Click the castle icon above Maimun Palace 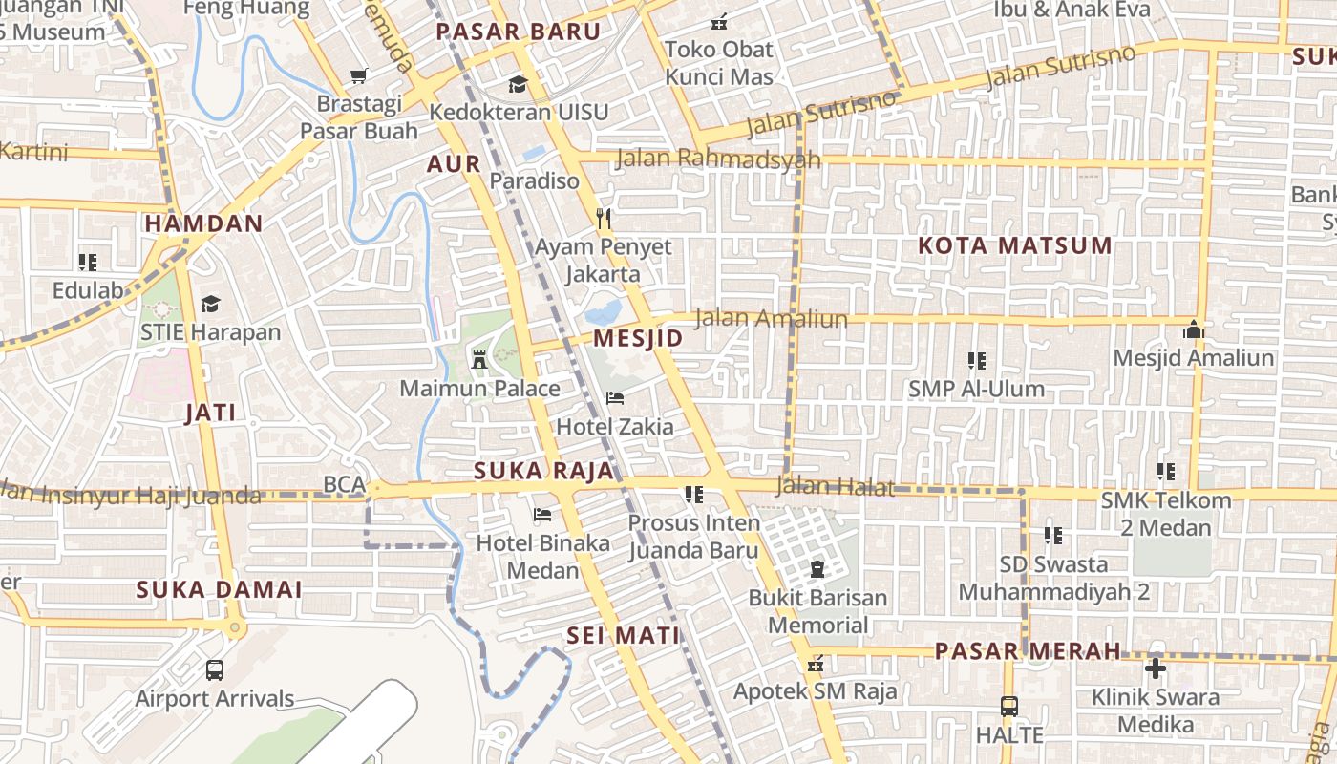click(479, 360)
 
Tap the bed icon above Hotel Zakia click(615, 398)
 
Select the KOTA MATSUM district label click(1014, 245)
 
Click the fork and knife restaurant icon click(603, 219)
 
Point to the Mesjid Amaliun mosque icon click(1193, 330)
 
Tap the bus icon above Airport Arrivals click(215, 670)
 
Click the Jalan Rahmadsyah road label click(718, 159)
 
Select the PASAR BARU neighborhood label click(519, 32)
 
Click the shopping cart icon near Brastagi click(359, 75)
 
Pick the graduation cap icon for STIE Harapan click(210, 304)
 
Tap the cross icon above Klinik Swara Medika click(1156, 668)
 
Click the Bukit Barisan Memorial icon click(817, 570)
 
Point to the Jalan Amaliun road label click(771, 318)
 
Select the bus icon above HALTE click(1009, 707)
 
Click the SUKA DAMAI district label click(219, 589)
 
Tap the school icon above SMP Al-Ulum click(976, 361)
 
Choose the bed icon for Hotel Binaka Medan click(542, 515)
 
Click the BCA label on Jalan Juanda click(344, 484)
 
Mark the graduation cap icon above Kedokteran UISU click(518, 84)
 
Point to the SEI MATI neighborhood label click(623, 635)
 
